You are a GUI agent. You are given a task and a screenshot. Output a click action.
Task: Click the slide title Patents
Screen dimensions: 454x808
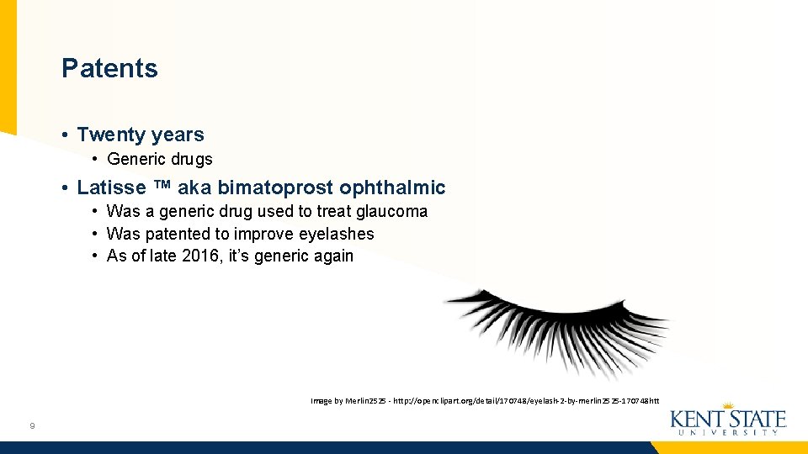(x=109, y=68)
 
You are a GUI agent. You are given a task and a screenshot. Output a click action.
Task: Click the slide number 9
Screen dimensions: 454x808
(x=31, y=426)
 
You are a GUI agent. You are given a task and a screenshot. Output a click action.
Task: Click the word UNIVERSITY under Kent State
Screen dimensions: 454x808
(x=728, y=433)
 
